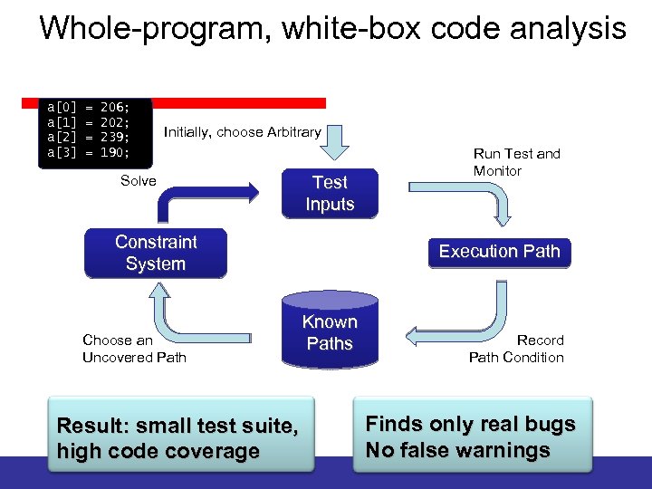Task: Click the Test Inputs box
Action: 330,193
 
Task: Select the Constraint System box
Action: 155,254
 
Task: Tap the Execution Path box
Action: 499,252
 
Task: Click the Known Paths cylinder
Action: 330,333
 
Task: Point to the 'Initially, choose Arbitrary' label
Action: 242,132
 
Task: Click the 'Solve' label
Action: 139,181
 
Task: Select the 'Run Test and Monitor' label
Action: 516,162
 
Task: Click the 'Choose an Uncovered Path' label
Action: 134,349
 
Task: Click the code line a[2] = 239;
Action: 88,137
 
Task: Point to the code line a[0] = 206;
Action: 88,106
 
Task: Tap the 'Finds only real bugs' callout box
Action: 471,437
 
